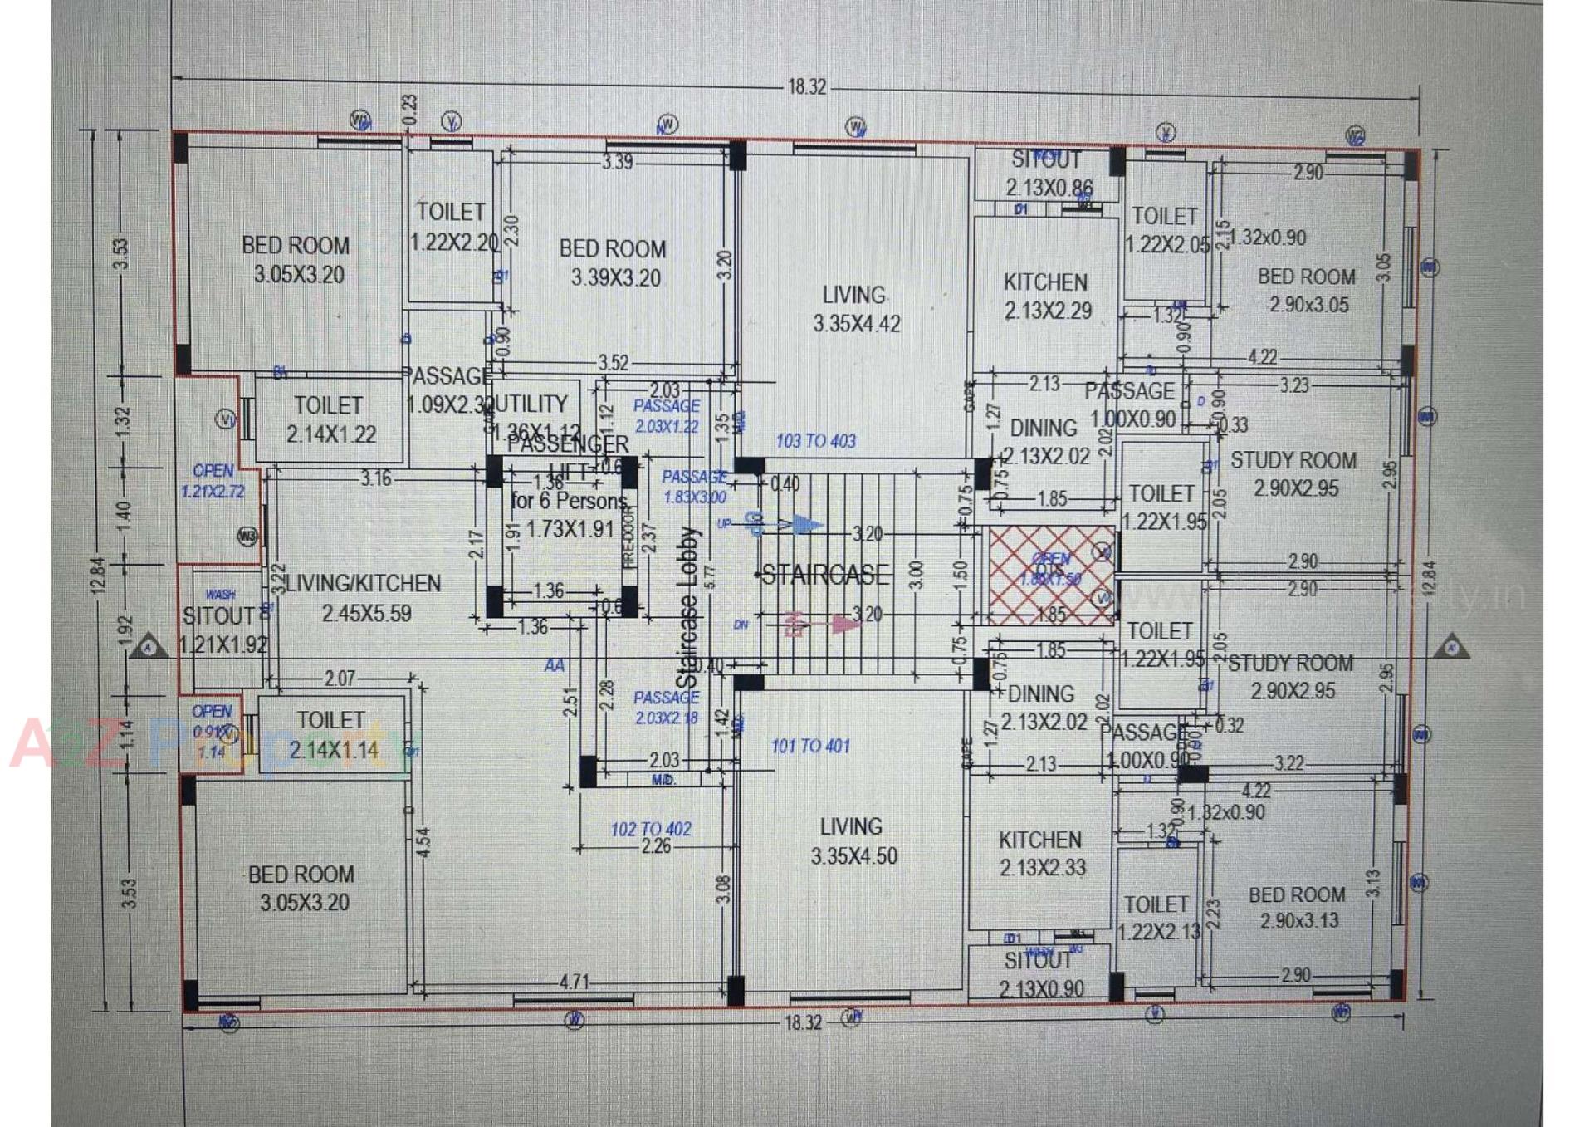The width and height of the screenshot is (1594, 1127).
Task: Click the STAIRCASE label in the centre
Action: coord(824,575)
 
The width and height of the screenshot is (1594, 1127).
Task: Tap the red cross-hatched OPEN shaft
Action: coord(1051,573)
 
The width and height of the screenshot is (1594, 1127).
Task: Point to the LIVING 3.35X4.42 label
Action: coord(855,309)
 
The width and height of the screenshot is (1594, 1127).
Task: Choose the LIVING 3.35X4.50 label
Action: coord(853,841)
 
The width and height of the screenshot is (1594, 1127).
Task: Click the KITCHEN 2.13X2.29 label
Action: coord(1046,296)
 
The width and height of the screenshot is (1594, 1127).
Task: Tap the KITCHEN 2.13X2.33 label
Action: coord(1042,854)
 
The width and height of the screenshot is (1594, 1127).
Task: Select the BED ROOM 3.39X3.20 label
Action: coord(614,263)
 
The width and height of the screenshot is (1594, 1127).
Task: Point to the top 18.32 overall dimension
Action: coord(806,86)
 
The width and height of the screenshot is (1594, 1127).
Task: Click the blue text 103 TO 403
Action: coord(815,441)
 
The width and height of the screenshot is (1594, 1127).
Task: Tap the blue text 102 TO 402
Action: coord(651,829)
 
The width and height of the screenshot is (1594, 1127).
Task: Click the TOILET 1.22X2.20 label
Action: coord(452,227)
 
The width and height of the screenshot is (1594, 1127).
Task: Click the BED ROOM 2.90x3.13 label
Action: coord(1298,908)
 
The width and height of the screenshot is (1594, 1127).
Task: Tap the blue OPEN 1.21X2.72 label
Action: coord(213,481)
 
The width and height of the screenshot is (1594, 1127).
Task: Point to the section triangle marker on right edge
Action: coord(1451,646)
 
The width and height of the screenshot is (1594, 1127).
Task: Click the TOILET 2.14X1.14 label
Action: coord(331,735)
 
